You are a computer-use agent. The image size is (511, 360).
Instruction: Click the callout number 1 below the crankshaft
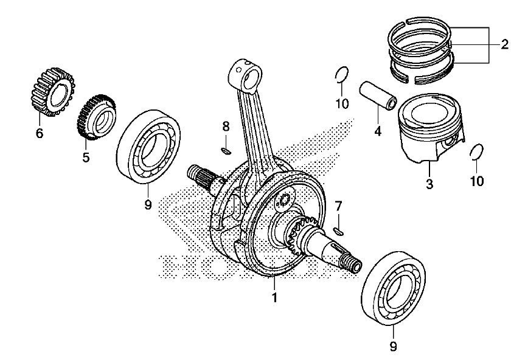coord(274,298)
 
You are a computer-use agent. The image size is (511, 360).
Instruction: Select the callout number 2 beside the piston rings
coord(504,44)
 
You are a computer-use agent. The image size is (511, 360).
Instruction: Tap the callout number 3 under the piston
coord(429,184)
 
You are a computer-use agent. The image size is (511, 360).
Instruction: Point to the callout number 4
coord(378,130)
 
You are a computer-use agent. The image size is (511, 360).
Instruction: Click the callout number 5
coord(86,157)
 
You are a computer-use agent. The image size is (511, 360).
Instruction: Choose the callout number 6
coord(40,133)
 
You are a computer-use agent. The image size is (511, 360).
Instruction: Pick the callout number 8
coord(226,126)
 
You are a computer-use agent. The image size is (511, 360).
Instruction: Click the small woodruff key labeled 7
coord(339,230)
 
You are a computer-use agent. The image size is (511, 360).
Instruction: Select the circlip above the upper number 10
coord(342,75)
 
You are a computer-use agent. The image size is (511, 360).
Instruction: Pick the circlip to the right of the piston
coord(478,151)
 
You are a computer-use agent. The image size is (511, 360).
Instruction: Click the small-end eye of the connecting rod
coord(245,74)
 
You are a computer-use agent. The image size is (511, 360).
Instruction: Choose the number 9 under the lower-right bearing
coord(392,346)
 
